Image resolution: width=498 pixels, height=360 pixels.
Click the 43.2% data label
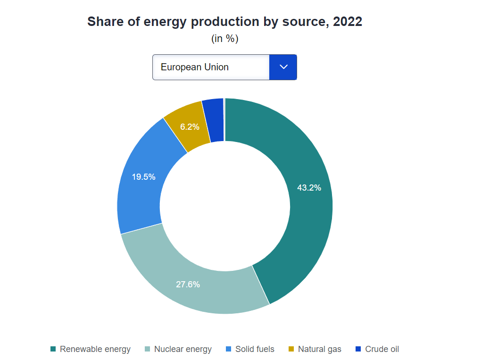point(309,187)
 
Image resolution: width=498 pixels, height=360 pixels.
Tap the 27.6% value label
point(188,285)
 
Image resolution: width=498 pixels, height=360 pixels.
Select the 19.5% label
point(144,177)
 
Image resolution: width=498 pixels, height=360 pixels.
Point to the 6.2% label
point(190,127)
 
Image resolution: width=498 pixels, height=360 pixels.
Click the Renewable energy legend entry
point(95,349)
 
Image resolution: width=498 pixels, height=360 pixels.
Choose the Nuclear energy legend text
point(183,349)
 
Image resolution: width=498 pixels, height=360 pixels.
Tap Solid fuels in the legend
point(255,349)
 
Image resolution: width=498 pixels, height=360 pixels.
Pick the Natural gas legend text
point(319,349)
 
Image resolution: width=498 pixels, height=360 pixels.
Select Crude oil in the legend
point(382,349)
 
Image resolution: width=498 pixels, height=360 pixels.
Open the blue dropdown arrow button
point(283,67)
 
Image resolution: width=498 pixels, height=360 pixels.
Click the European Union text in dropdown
point(195,67)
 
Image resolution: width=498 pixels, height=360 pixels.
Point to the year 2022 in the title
point(348,22)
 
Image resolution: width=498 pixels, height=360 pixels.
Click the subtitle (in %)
point(225,39)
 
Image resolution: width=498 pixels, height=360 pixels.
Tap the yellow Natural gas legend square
point(291,349)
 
